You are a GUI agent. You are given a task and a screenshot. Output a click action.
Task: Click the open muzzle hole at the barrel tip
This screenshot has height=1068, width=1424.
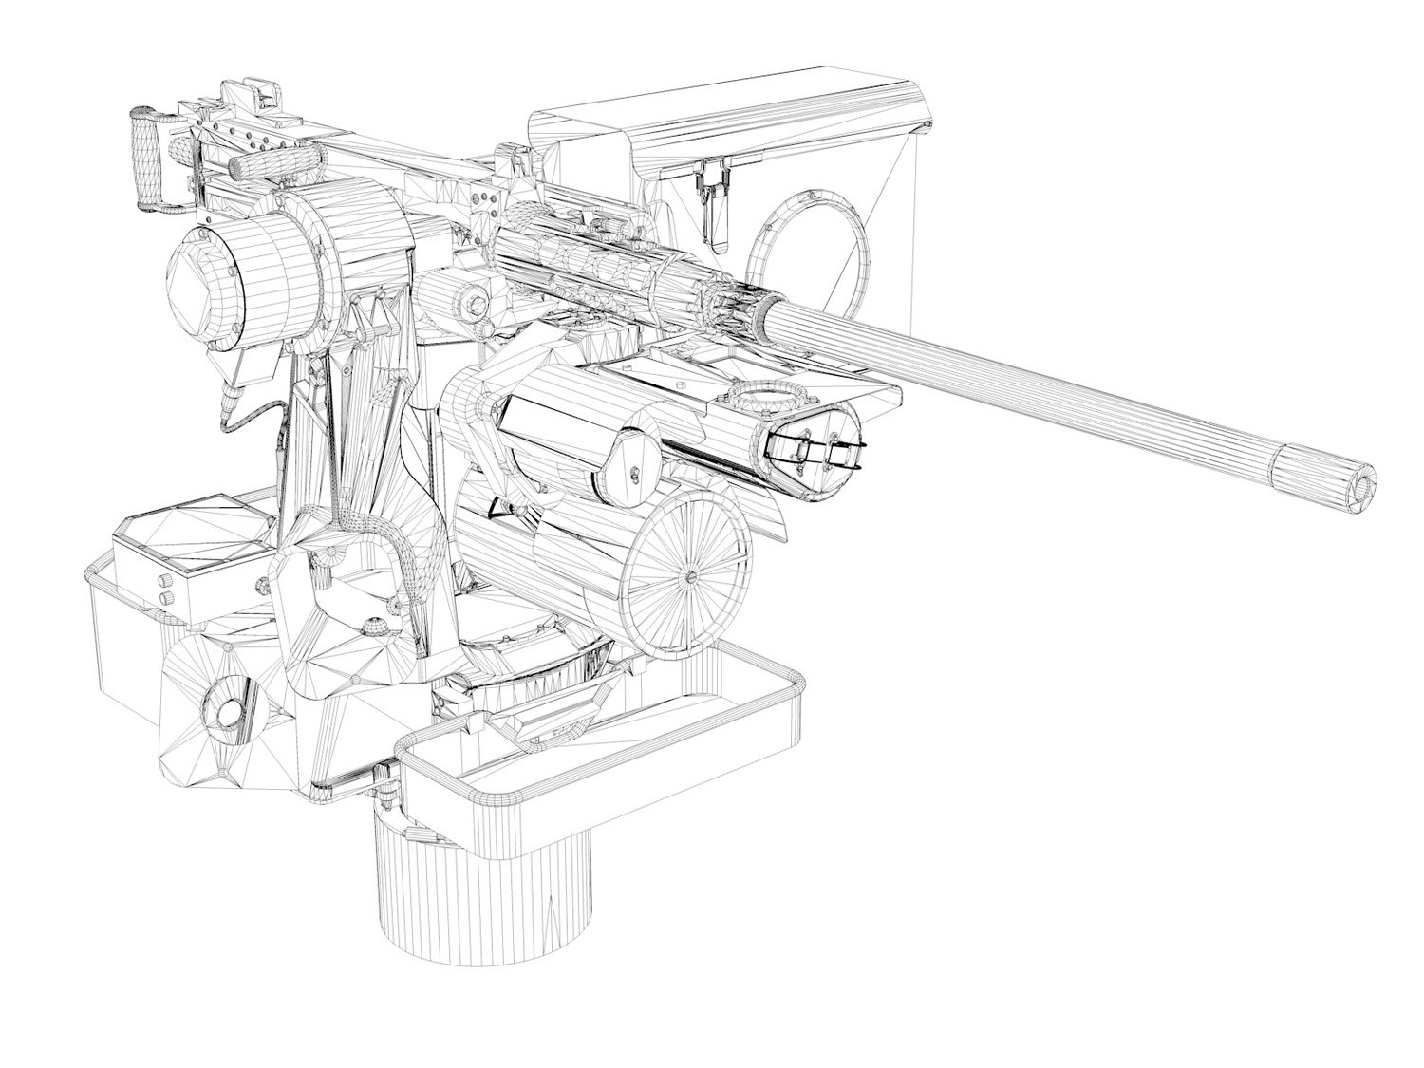(1365, 484)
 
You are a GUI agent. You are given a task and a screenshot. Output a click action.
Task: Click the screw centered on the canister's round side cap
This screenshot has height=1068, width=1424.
(633, 471)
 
